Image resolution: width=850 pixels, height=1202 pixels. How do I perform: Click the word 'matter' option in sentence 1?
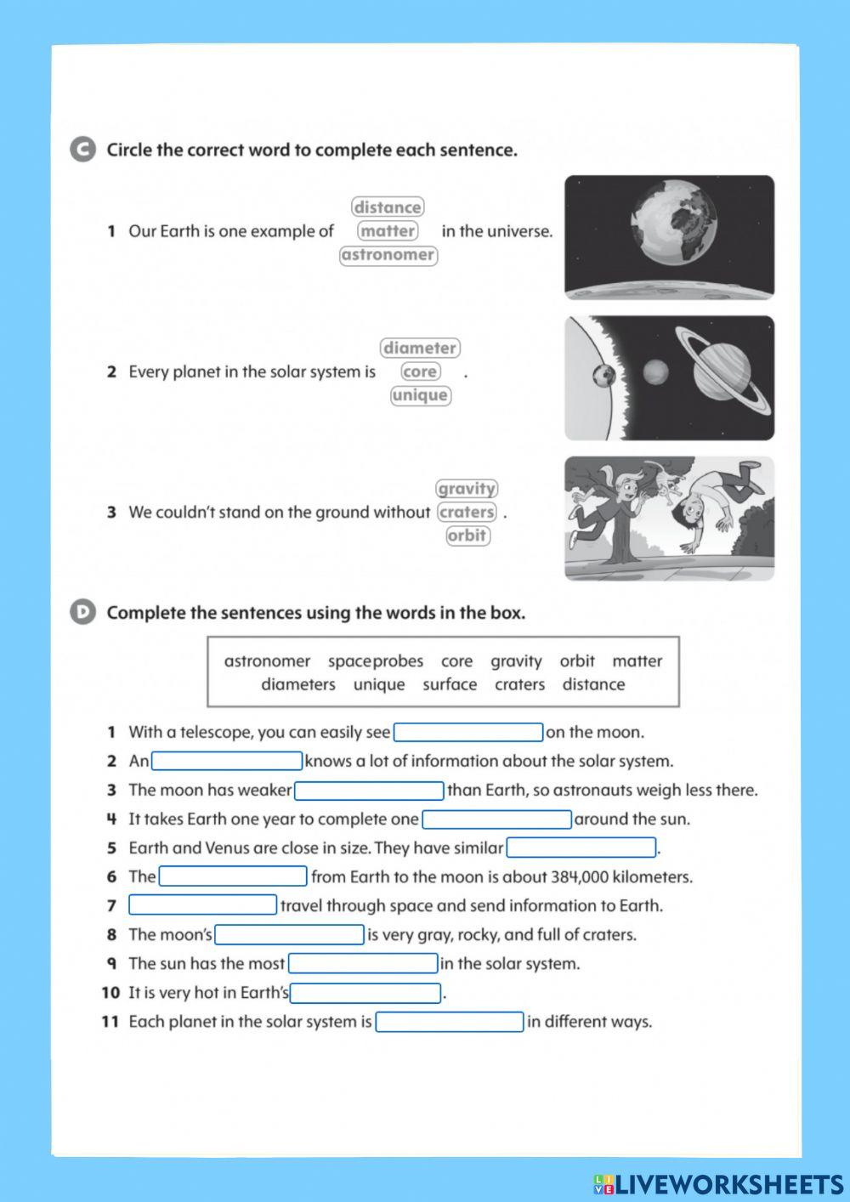pos(388,231)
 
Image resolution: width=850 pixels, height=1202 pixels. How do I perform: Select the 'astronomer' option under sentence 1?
pos(388,255)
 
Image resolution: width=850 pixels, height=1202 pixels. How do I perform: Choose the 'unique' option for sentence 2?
pos(420,395)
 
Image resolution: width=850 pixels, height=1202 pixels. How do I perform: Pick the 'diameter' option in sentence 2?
pos(420,348)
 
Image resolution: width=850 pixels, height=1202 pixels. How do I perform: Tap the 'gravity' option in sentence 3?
pos(466,489)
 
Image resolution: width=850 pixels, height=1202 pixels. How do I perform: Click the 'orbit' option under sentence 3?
pos(467,536)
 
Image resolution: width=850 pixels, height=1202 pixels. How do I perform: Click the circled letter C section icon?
pos(82,150)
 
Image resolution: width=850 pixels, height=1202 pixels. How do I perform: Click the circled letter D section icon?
pos(82,612)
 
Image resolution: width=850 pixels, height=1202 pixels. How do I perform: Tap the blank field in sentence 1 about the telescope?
pos(468,733)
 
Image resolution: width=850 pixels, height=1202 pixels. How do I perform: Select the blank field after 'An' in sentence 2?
pos(227,762)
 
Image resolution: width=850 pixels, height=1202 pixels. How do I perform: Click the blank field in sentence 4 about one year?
pos(497,819)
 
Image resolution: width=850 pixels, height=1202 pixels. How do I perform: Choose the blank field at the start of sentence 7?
pos(203,905)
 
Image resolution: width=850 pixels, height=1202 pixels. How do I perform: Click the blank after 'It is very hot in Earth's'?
pos(365,993)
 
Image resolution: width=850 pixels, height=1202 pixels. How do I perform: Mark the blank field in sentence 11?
pos(450,1022)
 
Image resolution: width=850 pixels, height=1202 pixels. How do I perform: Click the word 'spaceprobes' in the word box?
pos(375,661)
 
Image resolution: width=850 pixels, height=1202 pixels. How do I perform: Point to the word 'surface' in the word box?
pos(450,685)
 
